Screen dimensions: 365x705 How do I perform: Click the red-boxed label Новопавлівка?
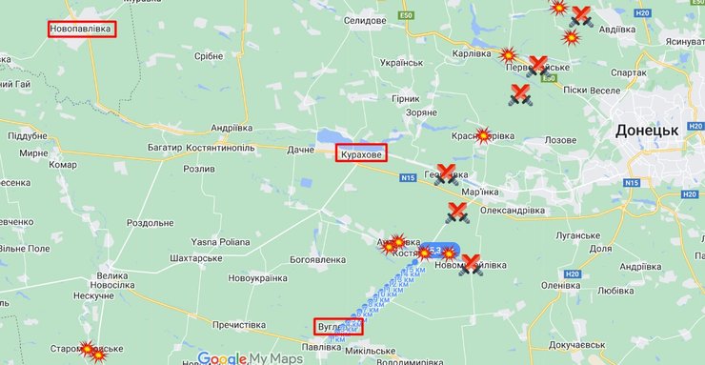(x=81, y=30)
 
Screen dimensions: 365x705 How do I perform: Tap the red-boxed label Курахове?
(x=360, y=152)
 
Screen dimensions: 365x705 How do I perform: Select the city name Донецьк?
(x=647, y=130)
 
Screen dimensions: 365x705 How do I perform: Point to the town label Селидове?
(x=364, y=20)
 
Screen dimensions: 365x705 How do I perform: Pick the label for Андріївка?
(x=232, y=127)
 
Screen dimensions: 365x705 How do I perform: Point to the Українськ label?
(x=401, y=63)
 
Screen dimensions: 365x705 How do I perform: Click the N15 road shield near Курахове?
(x=409, y=177)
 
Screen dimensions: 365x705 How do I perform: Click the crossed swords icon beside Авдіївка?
(x=579, y=16)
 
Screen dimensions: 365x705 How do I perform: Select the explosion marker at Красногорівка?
(x=483, y=135)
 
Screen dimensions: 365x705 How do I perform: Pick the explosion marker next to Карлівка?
(x=508, y=55)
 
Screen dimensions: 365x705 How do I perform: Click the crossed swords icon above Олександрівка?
(x=457, y=213)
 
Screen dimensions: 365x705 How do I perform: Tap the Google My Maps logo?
(x=250, y=357)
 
